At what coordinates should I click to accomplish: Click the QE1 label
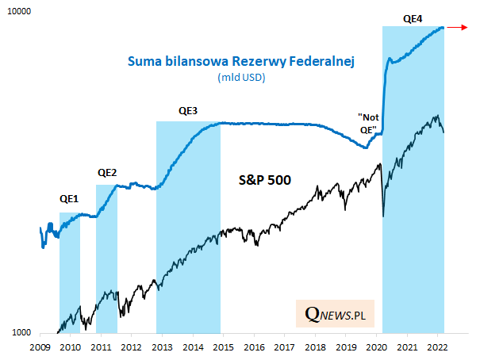click(x=69, y=199)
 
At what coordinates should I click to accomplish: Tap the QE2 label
click(x=107, y=172)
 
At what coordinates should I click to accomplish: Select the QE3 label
click(x=188, y=110)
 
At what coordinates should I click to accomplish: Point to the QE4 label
click(x=413, y=16)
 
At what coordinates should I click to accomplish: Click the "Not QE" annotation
click(x=369, y=123)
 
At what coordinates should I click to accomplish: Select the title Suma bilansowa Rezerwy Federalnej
click(x=240, y=61)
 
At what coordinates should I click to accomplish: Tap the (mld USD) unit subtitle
click(x=240, y=78)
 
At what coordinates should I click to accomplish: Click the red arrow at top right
click(x=457, y=28)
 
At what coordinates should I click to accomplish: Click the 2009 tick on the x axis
click(x=40, y=347)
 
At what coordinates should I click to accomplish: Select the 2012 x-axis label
click(x=132, y=347)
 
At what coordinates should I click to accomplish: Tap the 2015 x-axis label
click(x=223, y=347)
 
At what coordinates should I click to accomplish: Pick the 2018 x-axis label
click(x=315, y=347)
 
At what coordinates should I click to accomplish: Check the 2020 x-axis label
click(x=376, y=347)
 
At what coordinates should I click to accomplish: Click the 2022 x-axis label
click(x=437, y=347)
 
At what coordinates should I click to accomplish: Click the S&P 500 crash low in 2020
click(x=384, y=216)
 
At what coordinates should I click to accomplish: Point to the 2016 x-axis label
click(x=254, y=347)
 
